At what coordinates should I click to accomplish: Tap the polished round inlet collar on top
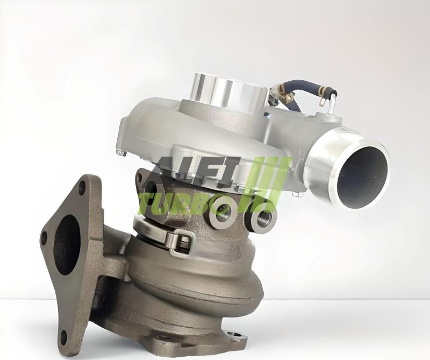click(228, 91)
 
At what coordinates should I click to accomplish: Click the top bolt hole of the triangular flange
click(82, 188)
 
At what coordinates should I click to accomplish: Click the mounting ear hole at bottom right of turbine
click(234, 336)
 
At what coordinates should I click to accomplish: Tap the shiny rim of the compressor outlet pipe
click(322, 161)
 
